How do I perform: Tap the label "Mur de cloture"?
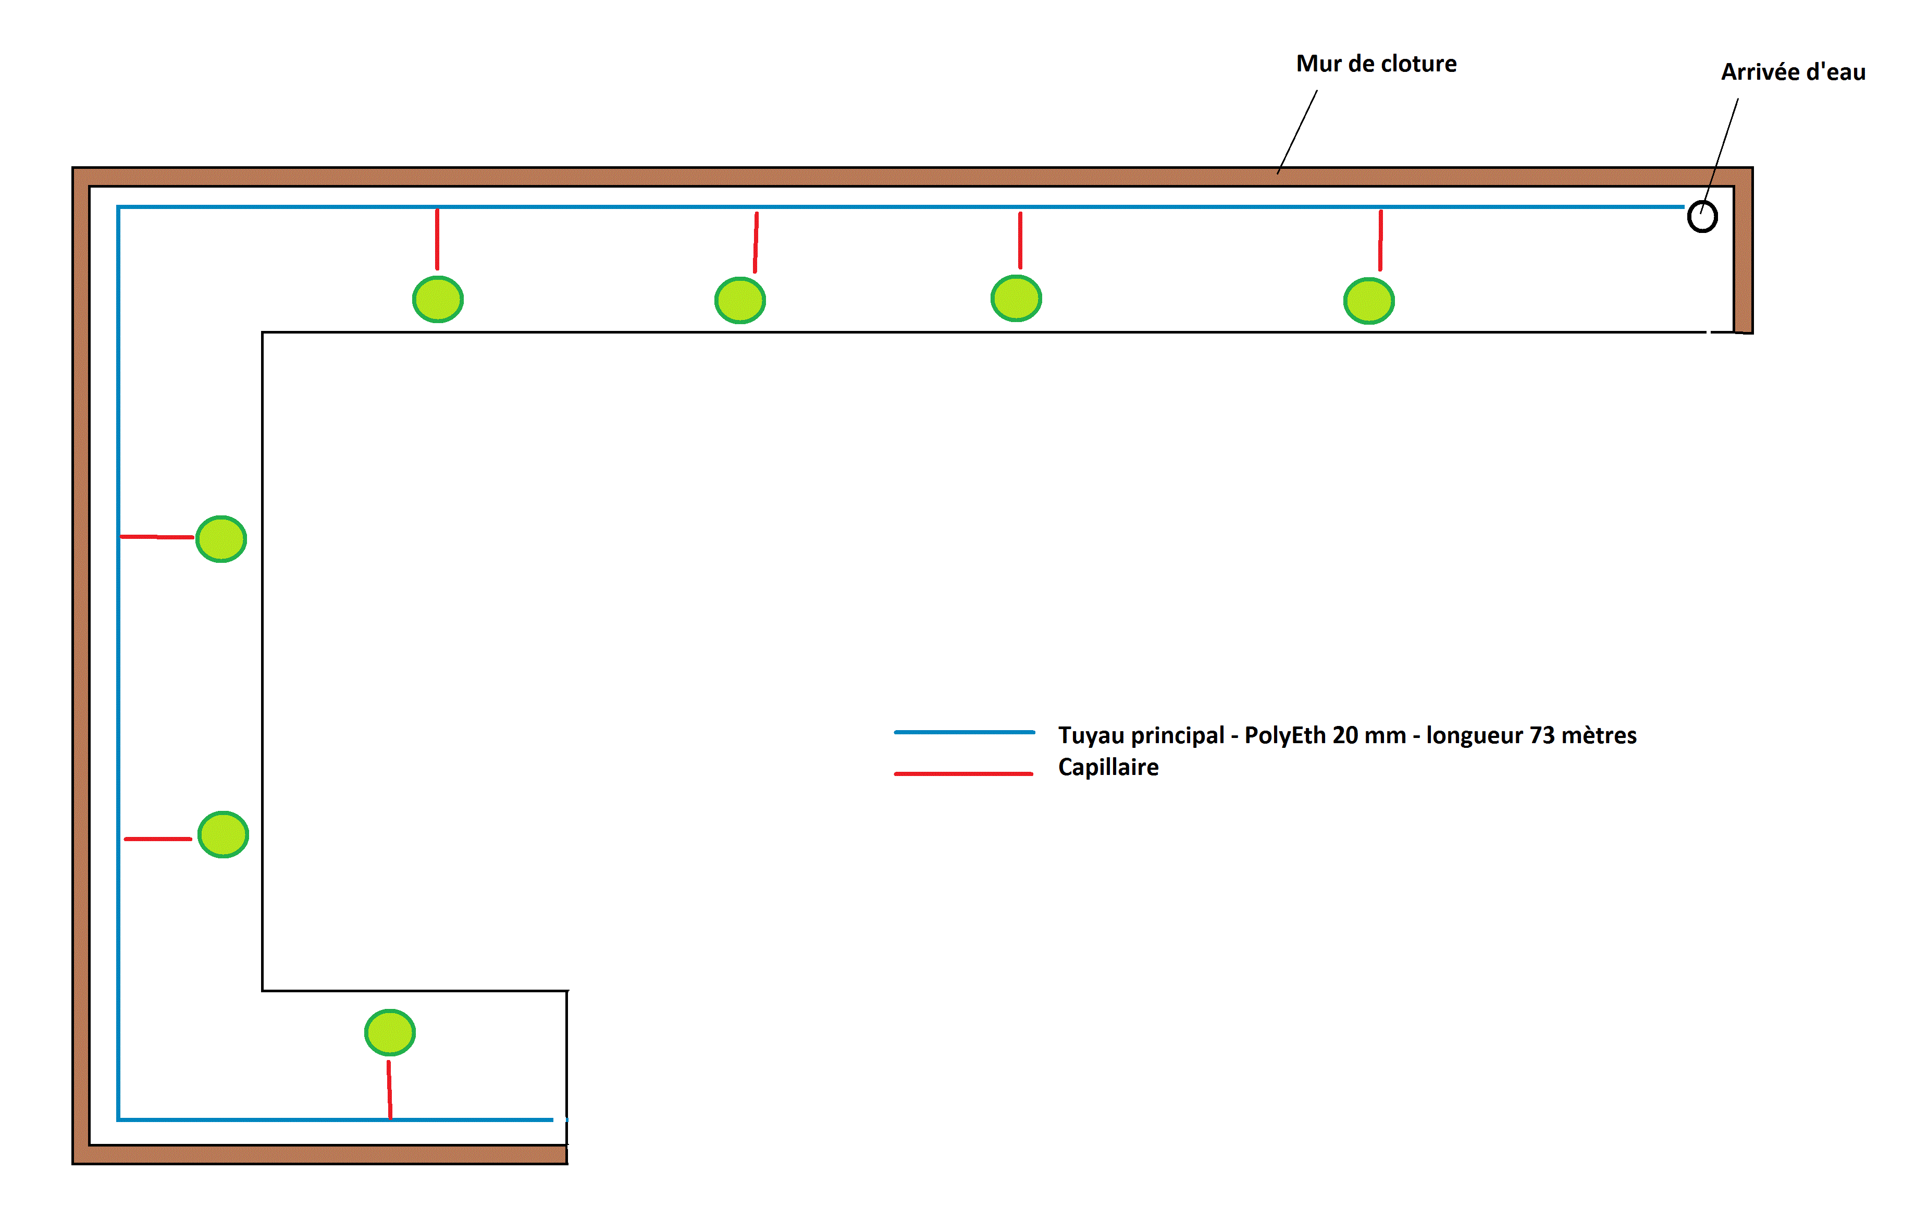point(1376,64)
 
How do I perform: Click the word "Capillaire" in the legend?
point(1108,767)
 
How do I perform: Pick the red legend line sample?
point(963,773)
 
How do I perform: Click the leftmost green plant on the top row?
point(438,299)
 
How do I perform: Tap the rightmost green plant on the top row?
point(1368,301)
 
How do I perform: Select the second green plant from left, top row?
point(740,300)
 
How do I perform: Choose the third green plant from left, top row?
point(1016,299)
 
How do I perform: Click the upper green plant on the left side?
point(221,539)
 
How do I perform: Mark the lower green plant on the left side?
point(224,834)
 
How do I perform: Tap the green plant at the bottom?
point(390,1033)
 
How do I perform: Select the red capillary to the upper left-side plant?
point(157,536)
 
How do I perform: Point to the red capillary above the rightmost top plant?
point(1380,240)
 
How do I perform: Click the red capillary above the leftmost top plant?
point(437,239)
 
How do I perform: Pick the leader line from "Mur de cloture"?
point(1297,132)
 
